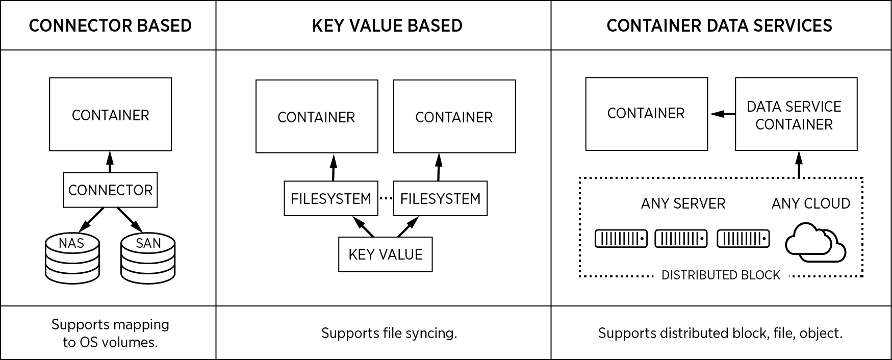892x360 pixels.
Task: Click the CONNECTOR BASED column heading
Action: point(110,25)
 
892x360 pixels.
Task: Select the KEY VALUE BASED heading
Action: point(387,25)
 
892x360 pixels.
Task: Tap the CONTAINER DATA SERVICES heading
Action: point(719,25)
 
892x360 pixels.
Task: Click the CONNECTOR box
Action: point(110,190)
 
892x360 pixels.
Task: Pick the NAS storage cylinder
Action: point(72,258)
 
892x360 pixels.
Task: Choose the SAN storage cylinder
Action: point(148,258)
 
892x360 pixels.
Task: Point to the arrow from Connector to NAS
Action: point(92,219)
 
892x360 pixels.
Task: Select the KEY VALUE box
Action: point(385,254)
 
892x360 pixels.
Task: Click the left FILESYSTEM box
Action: point(330,198)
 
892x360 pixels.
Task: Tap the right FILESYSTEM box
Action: point(440,198)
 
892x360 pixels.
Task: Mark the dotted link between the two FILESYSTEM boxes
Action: point(386,198)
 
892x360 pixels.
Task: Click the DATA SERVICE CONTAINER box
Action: point(796,115)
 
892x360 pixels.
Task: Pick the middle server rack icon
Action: point(681,239)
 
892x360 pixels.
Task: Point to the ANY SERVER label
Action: point(683,203)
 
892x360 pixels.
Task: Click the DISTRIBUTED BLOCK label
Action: point(721,275)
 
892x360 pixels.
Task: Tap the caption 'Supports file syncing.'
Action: point(389,333)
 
